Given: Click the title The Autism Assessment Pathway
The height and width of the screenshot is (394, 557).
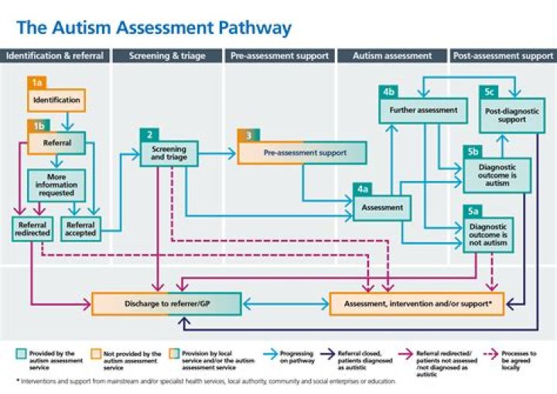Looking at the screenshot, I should tap(155, 29).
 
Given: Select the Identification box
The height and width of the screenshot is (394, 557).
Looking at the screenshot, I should tap(56, 101).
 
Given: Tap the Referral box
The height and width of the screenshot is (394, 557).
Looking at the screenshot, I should tap(56, 143).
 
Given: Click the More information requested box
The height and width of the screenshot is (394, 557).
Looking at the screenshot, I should tap(56, 186).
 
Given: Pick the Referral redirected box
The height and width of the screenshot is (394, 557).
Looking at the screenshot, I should tap(32, 228).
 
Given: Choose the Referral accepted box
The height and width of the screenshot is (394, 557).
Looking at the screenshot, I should tap(80, 228).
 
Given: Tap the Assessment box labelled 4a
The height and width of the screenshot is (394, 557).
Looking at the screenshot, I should tap(382, 207).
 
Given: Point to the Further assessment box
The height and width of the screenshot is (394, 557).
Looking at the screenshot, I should tap(423, 110).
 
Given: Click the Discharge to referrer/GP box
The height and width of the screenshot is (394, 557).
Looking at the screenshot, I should tap(167, 303).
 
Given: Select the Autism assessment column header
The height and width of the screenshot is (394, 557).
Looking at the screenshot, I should tap(392, 56).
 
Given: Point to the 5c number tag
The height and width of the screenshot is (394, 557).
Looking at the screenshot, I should tap(489, 91).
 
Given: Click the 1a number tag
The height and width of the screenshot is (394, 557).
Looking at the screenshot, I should tap(38, 82).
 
